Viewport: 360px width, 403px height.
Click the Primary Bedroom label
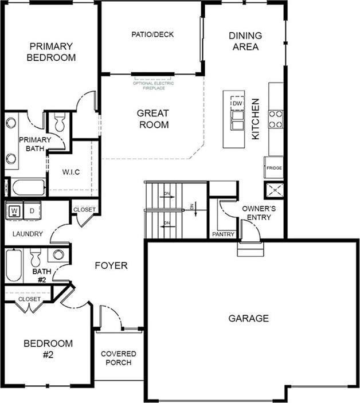[51, 52]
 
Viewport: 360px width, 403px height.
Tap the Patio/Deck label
[152, 34]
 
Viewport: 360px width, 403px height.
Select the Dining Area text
[245, 41]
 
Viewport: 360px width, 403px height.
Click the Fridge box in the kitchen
[274, 167]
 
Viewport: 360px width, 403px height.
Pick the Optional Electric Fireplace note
[153, 86]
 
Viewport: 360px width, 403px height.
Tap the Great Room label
[154, 119]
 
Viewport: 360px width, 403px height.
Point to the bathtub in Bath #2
[14, 265]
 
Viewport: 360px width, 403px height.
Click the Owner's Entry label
[256, 213]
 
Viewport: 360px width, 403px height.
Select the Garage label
[248, 318]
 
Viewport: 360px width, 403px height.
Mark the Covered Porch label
[119, 358]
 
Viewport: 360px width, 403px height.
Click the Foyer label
[111, 265]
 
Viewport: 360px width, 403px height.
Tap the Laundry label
[27, 234]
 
